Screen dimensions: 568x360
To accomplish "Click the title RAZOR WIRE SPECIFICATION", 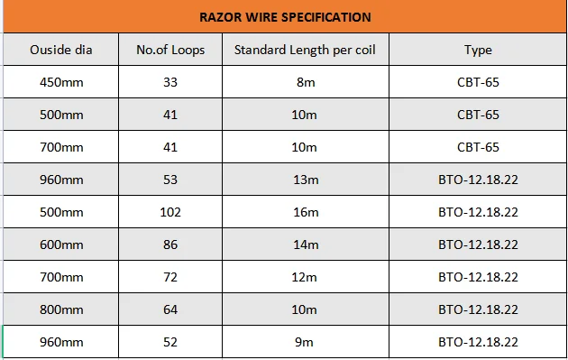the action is [285, 17].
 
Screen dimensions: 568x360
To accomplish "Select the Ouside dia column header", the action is [61, 50].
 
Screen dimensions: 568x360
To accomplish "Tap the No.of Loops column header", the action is [170, 50].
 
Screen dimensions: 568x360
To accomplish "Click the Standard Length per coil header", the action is [305, 50].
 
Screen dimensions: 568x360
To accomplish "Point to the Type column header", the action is [478, 50].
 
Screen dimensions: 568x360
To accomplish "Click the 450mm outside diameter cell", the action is [61, 82].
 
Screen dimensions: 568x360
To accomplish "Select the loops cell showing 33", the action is [170, 82].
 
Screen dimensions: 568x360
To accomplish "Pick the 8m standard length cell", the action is [306, 82].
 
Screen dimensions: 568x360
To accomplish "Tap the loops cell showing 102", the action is [170, 212].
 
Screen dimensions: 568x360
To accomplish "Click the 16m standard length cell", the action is [306, 212].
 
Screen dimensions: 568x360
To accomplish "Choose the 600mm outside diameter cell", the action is [61, 245].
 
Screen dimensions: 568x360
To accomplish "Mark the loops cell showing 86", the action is [170, 245].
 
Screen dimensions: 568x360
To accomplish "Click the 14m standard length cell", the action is [306, 245].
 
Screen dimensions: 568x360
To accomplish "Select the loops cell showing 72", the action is [170, 277].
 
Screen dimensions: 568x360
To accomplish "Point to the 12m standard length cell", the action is [305, 277].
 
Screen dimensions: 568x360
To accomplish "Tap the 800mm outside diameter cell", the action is [61, 309].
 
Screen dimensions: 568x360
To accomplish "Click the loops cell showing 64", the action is [170, 309].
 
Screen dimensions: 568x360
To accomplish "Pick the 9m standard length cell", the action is [304, 342].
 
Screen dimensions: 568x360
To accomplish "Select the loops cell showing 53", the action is [170, 180].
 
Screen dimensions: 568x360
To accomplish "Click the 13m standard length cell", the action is [306, 180].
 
